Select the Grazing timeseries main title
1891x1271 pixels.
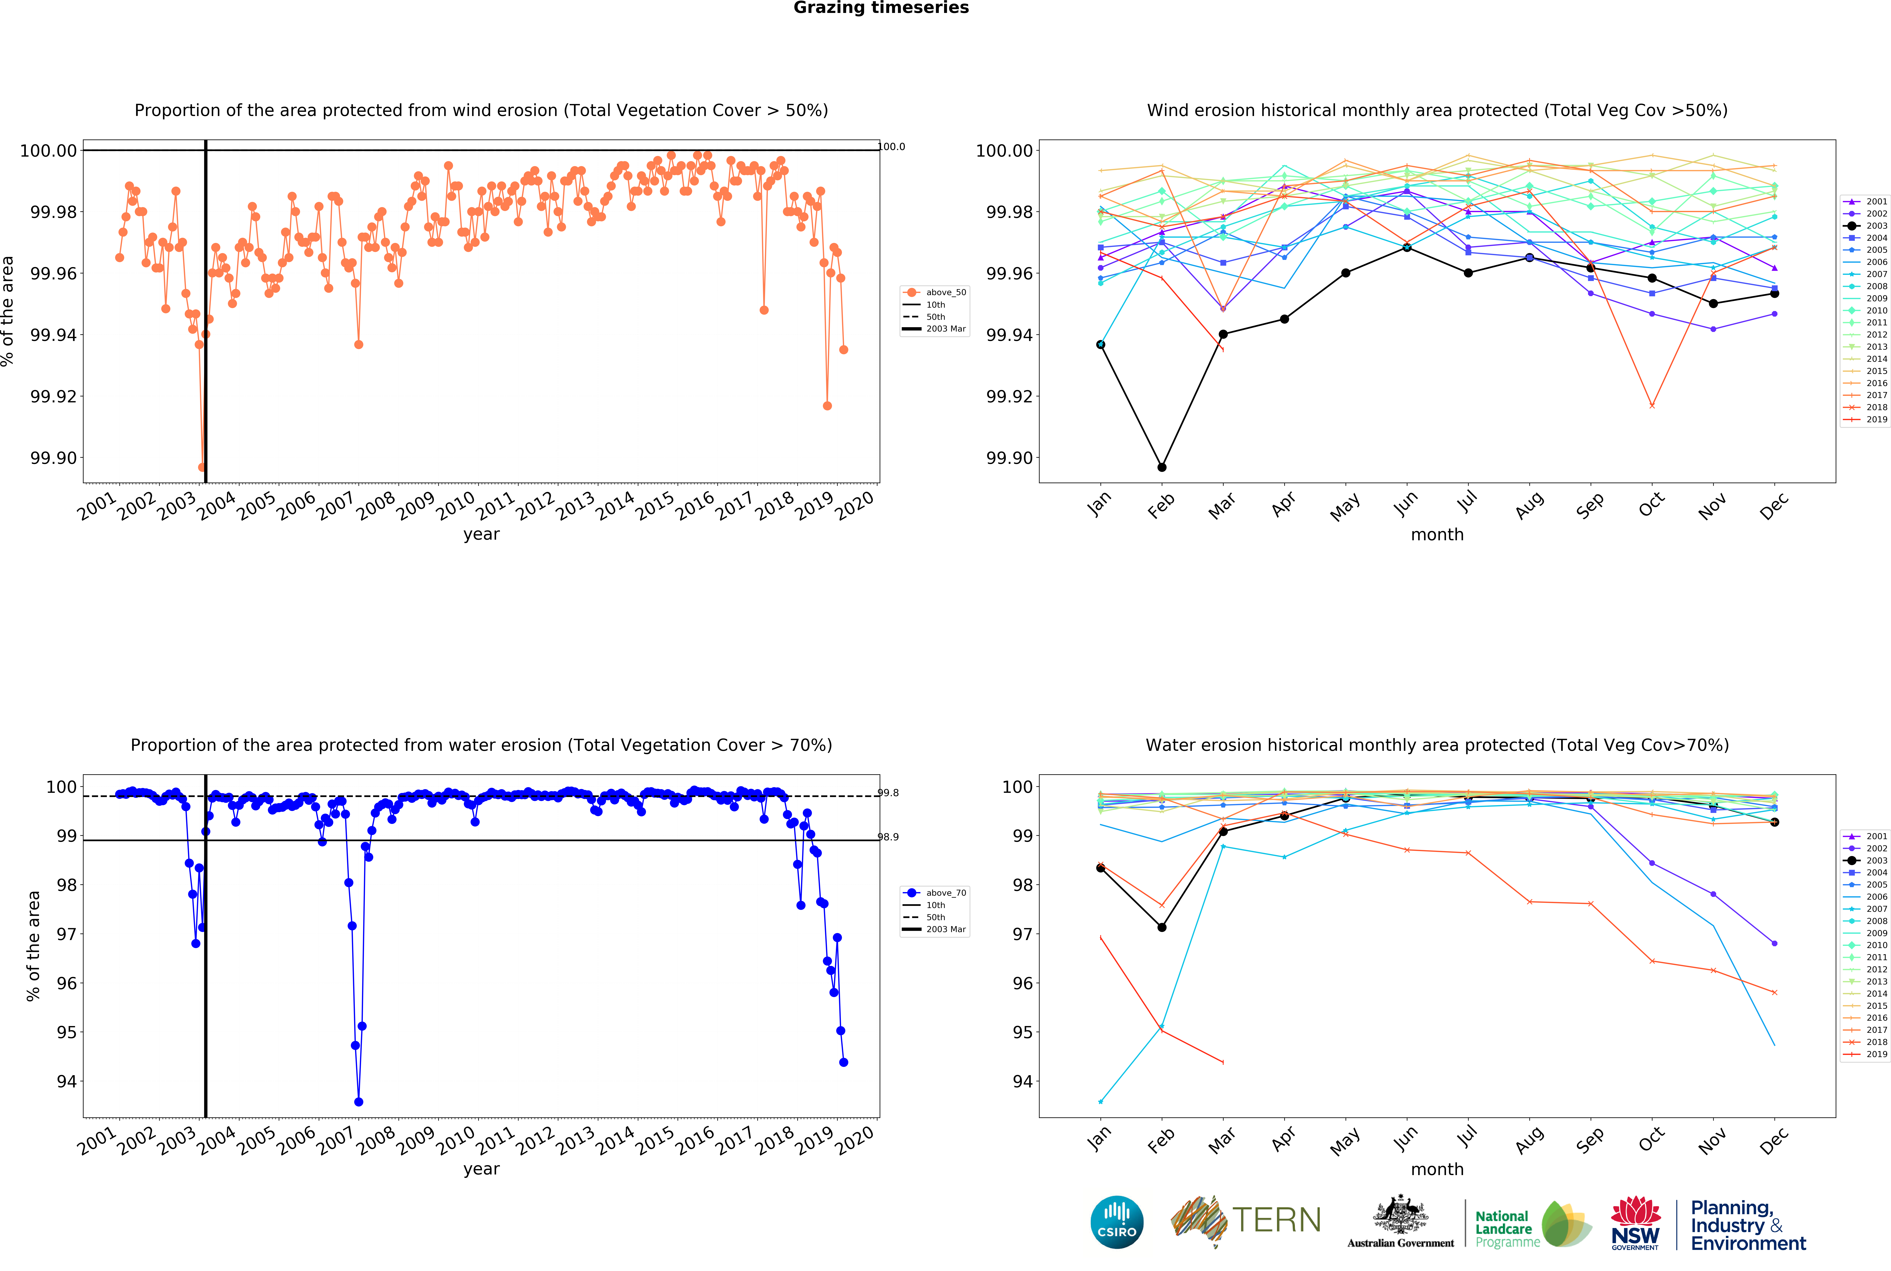click(x=881, y=8)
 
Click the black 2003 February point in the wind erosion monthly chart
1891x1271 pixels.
click(x=1162, y=468)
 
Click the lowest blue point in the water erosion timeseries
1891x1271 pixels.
click(x=358, y=1102)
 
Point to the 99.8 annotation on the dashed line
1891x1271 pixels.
click(x=889, y=793)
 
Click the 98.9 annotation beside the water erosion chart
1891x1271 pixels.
click(x=889, y=837)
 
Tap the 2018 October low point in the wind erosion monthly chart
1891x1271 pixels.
click(x=1652, y=405)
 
